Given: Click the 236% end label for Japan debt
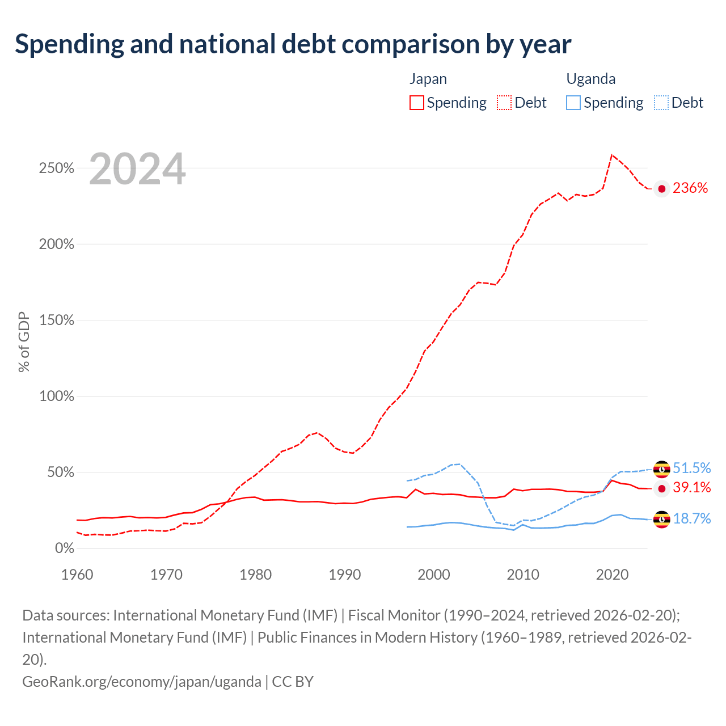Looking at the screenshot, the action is coord(690,188).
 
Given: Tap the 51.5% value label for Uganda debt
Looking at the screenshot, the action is coord(691,468).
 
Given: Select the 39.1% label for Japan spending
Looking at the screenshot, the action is coord(691,488).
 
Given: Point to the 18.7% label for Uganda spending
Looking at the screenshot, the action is coord(691,519).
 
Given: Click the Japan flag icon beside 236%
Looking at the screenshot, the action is coord(661,189).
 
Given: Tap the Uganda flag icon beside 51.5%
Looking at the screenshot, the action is coord(661,470).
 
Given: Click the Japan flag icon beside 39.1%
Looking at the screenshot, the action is coord(661,489).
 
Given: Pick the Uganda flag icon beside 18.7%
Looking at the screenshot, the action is coord(661,520).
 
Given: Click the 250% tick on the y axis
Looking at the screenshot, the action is coord(57,168).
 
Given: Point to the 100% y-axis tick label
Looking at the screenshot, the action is coord(57,396).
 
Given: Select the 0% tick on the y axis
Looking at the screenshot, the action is coord(65,548).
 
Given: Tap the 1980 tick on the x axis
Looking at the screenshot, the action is coord(255,575).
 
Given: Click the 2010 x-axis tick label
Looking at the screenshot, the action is coord(523,575).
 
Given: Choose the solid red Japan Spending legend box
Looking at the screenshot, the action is coord(417,103).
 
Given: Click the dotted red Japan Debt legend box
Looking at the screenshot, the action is coord(504,103).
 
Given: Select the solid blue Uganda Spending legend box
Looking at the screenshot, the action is coord(573,103).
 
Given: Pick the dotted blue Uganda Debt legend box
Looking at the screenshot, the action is coord(661,103).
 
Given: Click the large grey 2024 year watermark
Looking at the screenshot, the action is coord(137,169).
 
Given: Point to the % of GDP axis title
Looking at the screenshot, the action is coord(24,341).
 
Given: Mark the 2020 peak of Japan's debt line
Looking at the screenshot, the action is coord(612,155).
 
